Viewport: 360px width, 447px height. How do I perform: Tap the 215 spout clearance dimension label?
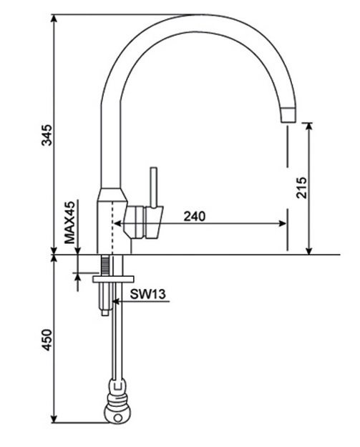301,187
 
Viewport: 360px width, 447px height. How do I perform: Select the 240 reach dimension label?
195,215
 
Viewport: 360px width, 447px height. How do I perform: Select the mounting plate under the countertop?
113,278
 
